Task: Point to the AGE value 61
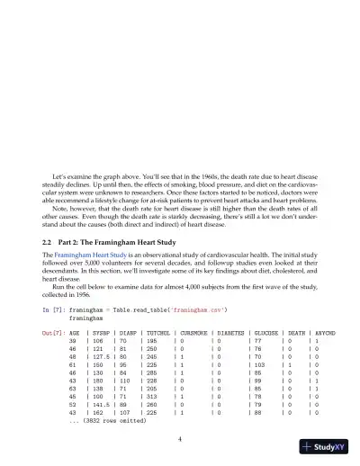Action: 72,365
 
